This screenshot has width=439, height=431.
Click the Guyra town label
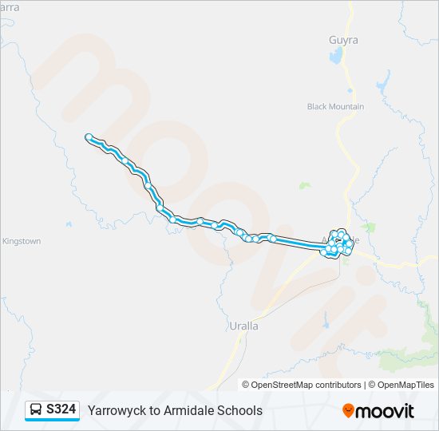click(x=343, y=39)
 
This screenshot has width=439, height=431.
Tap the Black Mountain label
click(x=335, y=106)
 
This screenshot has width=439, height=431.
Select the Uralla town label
click(x=243, y=326)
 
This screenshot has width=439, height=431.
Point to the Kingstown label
click(x=22, y=241)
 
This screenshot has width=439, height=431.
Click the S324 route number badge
click(x=61, y=410)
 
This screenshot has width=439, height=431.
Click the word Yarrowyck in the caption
click(x=115, y=410)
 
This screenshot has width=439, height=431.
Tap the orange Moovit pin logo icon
click(x=348, y=410)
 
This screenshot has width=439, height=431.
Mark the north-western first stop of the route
click(x=88, y=137)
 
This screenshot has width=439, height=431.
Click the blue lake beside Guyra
click(x=336, y=56)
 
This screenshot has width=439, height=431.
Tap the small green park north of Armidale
click(x=304, y=185)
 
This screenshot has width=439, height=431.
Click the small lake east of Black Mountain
click(x=383, y=81)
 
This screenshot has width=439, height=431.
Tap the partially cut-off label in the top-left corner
click(x=9, y=6)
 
